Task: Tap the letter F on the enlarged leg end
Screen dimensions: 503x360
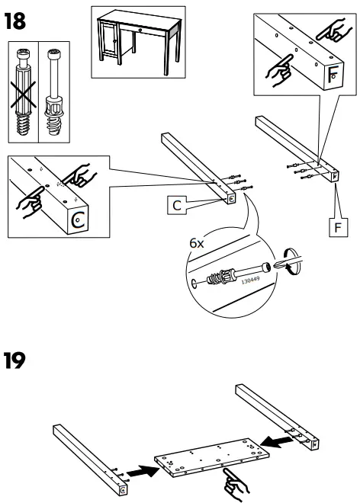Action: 334,75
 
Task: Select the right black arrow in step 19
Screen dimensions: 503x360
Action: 272,442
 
